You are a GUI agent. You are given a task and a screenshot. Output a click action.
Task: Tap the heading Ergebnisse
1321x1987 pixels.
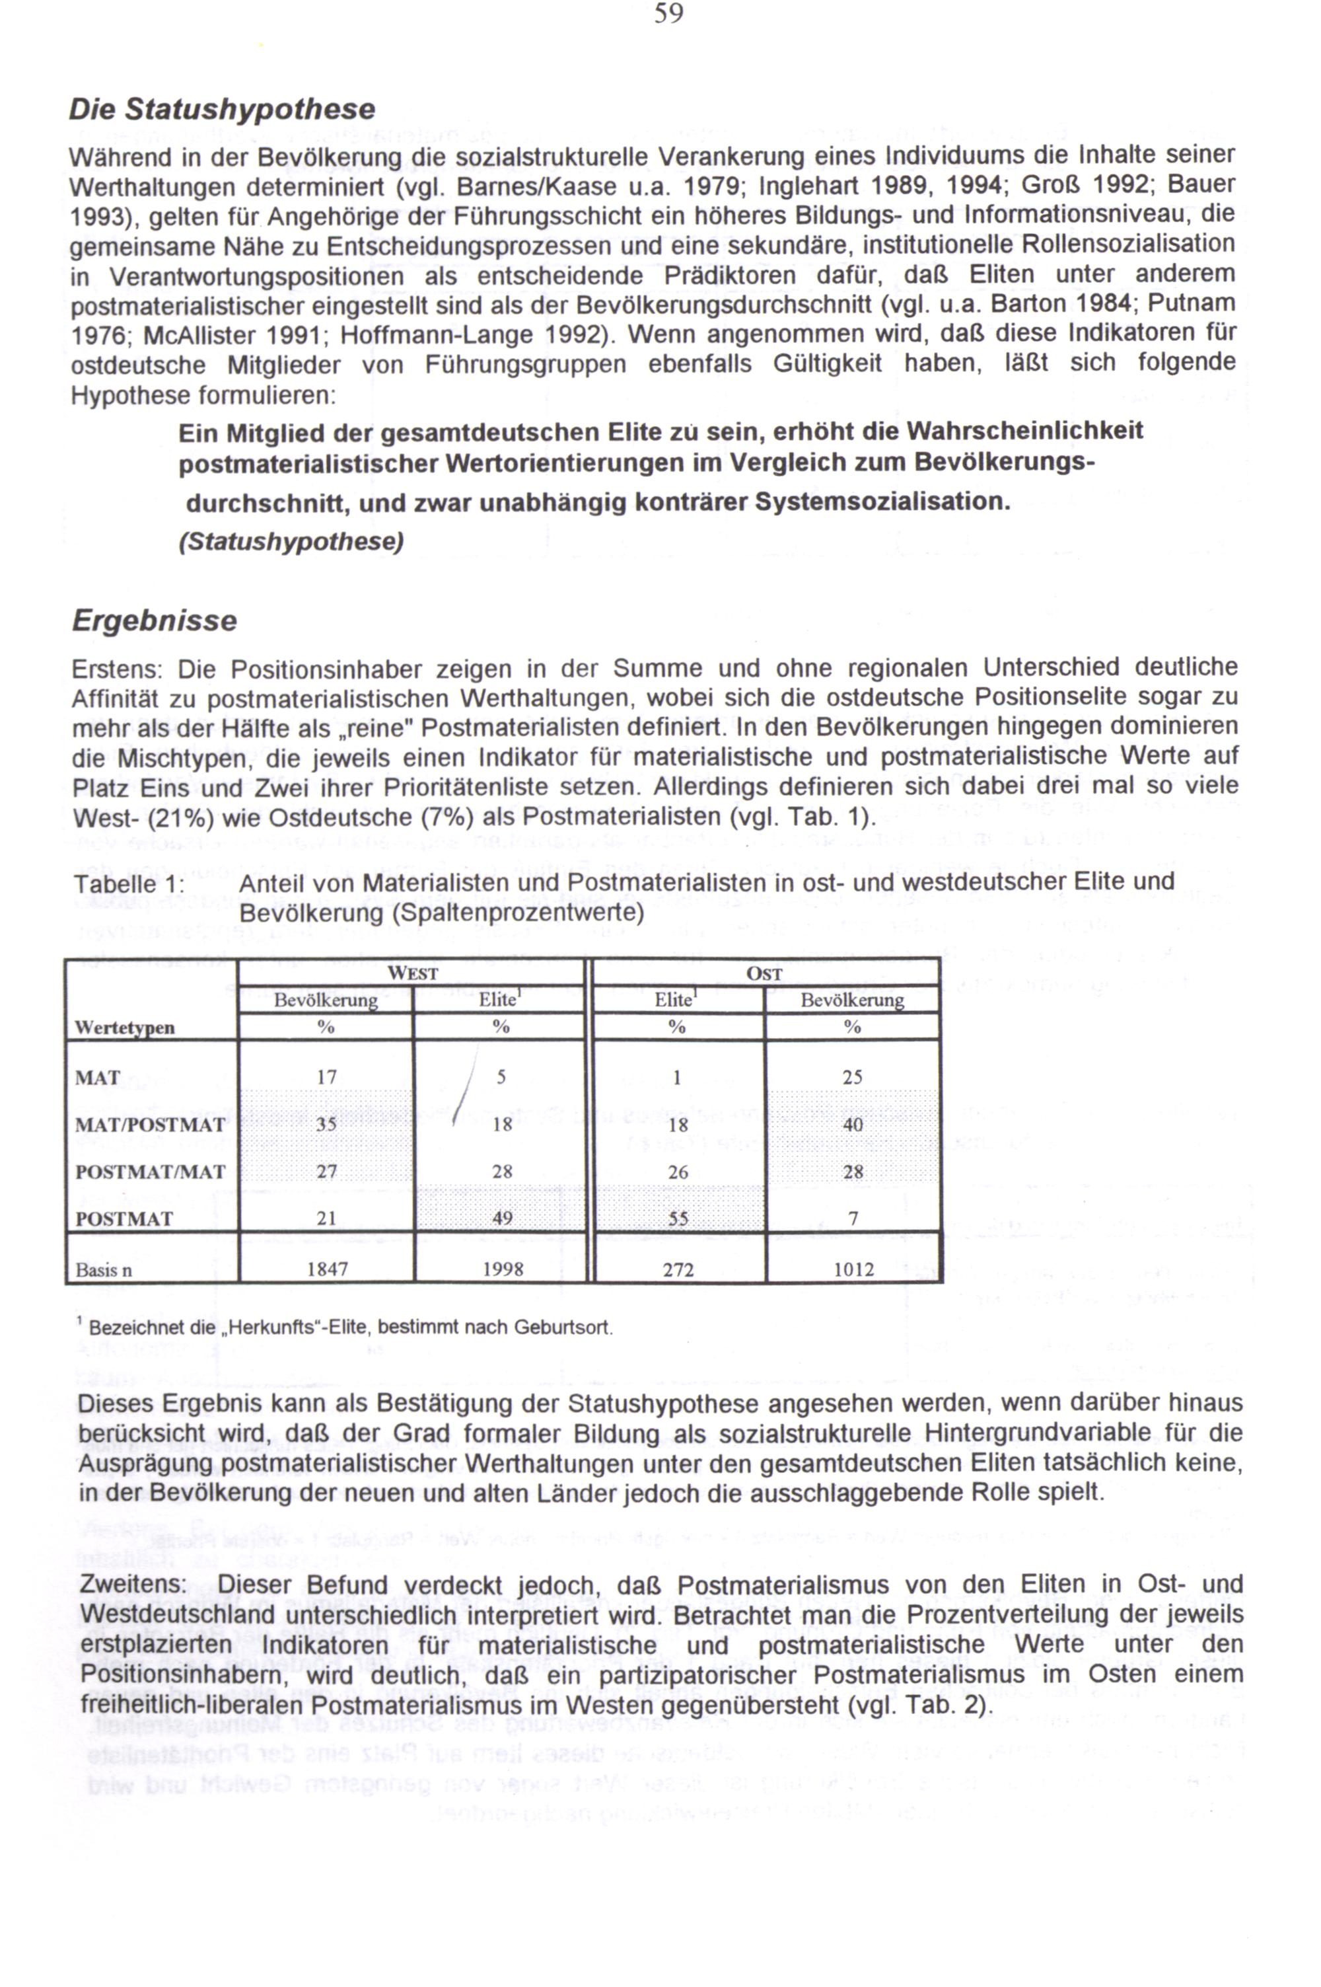tap(154, 621)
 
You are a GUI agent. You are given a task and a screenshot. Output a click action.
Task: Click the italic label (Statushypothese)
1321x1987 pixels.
tap(291, 541)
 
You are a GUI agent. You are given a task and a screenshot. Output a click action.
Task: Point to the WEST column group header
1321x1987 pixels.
tap(412, 973)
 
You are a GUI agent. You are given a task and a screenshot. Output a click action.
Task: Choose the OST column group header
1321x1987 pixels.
tap(764, 973)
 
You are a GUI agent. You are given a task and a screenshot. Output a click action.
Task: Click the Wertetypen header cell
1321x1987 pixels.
tap(125, 1028)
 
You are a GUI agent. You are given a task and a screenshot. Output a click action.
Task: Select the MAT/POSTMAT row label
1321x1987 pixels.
tap(150, 1125)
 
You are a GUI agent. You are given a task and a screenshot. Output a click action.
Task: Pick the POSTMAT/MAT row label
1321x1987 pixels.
tap(150, 1172)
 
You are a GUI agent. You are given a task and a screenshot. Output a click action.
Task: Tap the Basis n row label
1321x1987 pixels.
tap(104, 1270)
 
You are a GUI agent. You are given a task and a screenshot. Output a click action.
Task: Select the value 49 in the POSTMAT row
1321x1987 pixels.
tap(502, 1218)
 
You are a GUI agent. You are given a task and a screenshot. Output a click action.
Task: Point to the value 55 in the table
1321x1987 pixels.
tap(678, 1218)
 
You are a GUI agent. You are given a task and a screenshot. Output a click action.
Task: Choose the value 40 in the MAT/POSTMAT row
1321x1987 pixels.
tap(853, 1125)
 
